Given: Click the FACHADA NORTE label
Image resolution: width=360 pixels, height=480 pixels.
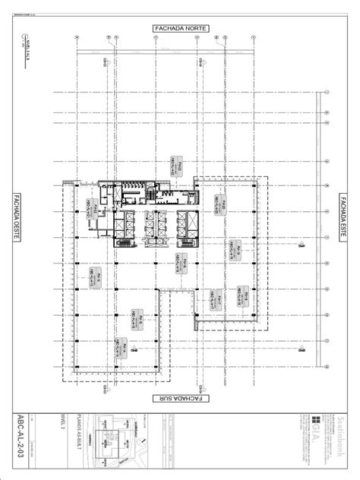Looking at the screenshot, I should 180,28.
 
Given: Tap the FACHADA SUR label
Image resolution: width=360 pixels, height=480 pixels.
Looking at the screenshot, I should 180,397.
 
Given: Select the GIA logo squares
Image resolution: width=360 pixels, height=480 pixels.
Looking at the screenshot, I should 316,420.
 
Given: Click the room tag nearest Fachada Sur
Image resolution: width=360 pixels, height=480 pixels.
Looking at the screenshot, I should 121,346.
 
